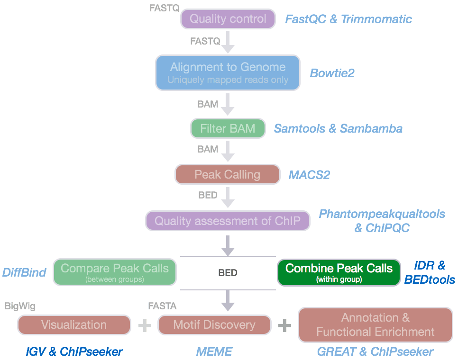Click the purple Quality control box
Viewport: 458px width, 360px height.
[x=228, y=19]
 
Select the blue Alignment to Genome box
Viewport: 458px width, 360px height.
[x=228, y=73]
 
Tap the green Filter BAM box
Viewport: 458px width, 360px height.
[x=228, y=128]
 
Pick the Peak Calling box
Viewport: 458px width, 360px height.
[x=228, y=174]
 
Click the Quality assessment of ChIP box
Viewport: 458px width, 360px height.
[x=228, y=221]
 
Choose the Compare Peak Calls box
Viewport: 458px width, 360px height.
[x=114, y=272]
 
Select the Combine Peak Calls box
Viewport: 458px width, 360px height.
[x=339, y=272]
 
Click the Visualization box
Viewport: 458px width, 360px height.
[x=74, y=325]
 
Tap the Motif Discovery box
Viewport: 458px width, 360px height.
[x=214, y=325]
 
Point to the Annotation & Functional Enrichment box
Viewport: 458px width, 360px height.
[x=375, y=324]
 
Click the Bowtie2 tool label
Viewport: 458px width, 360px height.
[x=332, y=73]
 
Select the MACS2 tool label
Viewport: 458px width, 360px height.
[x=309, y=175]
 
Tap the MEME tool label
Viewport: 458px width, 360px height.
[x=214, y=351]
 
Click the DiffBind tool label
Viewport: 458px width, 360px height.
[x=24, y=272]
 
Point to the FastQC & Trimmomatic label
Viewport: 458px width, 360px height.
[x=348, y=19]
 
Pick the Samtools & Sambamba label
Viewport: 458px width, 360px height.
[x=338, y=128]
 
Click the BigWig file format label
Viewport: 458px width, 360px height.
[x=20, y=306]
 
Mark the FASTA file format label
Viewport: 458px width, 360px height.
[x=162, y=306]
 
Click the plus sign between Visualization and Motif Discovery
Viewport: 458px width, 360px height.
[x=144, y=325]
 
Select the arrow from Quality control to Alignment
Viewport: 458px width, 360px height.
[x=228, y=42]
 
